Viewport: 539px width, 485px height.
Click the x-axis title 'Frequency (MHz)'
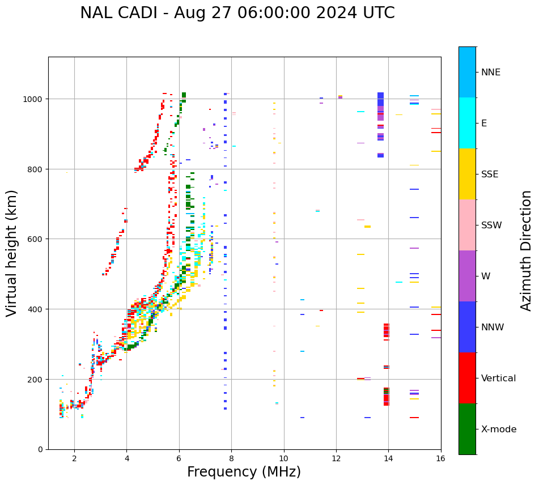point(244,472)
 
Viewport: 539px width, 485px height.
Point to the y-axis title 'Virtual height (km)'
point(12,253)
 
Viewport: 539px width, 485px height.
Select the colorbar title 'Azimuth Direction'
point(527,250)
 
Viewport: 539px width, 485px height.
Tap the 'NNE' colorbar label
point(491,73)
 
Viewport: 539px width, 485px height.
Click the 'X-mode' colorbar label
point(499,429)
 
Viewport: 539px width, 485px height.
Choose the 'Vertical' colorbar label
point(499,378)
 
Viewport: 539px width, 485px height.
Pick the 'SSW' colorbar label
point(491,226)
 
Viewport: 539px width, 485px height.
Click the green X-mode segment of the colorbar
point(467,429)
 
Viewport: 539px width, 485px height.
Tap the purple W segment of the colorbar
point(467,276)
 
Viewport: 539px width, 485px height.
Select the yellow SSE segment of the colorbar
point(467,174)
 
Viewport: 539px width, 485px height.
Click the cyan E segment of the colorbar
point(467,123)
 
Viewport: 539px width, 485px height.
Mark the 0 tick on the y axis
point(40,449)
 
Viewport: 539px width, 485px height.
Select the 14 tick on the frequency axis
point(388,459)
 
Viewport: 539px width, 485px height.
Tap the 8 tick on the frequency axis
point(231,459)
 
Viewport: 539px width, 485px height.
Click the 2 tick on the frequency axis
point(74,459)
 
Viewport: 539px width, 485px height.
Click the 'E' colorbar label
point(484,124)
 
